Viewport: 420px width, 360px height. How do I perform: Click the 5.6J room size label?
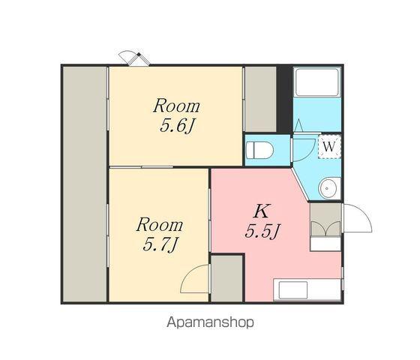[177, 126]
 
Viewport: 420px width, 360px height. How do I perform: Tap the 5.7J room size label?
[160, 244]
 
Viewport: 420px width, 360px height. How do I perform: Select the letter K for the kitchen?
[262, 211]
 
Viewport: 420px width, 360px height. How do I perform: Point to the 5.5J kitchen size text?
[262, 231]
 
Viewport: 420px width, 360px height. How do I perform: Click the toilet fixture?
[259, 150]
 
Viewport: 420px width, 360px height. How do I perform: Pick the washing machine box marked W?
[329, 147]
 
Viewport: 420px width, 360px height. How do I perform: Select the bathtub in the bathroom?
[316, 82]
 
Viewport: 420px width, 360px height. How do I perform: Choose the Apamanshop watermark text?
[210, 322]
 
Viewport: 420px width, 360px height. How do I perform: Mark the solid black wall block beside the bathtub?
[284, 99]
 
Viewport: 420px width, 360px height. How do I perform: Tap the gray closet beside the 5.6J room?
[261, 99]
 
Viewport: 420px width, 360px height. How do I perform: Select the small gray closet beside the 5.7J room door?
[226, 278]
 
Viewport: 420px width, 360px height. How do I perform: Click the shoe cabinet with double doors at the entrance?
[325, 220]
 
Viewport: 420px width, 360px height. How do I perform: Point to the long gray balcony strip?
[84, 184]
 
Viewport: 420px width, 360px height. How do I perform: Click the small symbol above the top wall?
[134, 58]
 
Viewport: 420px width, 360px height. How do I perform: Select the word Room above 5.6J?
[177, 106]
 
